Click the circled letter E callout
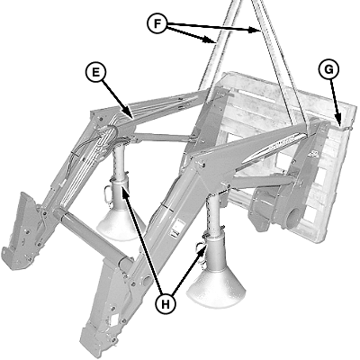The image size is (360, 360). [95, 73]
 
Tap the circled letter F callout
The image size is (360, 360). [157, 23]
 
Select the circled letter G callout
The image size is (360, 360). [328, 69]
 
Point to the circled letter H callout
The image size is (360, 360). [166, 304]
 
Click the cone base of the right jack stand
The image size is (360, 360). [216, 287]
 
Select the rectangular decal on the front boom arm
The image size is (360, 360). [175, 228]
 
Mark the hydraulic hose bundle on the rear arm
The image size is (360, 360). [90, 156]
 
